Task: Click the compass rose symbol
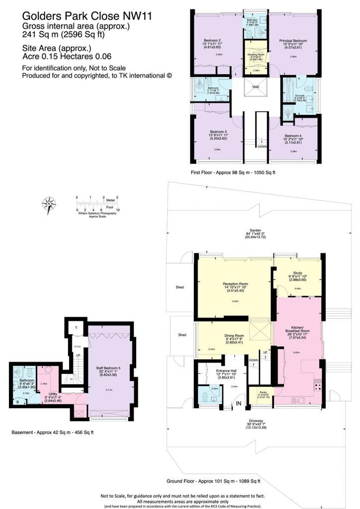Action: pos(50,204)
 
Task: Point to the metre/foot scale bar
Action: pos(97,204)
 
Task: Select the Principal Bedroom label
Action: pos(292,40)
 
